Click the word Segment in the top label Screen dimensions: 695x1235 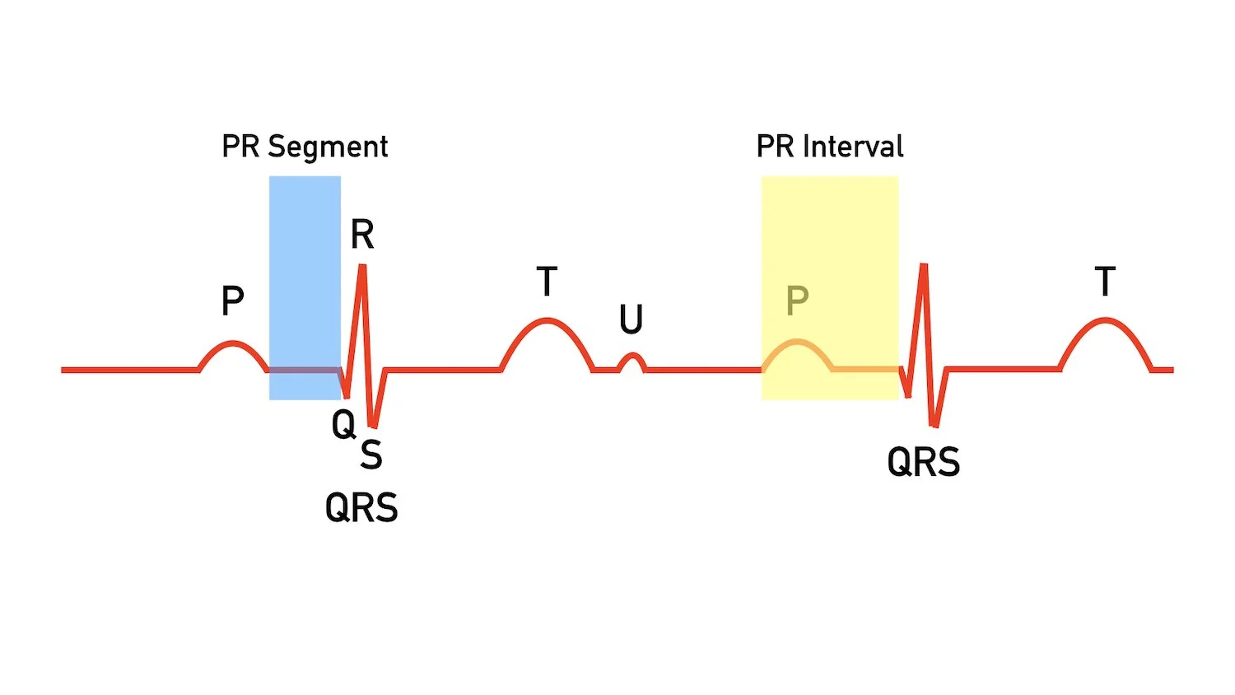tap(328, 147)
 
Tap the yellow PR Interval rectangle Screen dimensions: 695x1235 tap(829, 247)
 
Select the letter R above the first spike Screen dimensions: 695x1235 tap(362, 235)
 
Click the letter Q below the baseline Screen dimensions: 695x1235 tap(343, 425)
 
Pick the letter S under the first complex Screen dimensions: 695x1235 tap(371, 455)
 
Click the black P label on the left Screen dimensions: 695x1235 tap(233, 301)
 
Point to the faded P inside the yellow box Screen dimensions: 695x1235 tap(797, 301)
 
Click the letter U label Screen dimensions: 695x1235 tap(631, 320)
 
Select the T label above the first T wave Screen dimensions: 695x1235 tap(547, 282)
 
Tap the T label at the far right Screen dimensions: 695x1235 tap(1105, 282)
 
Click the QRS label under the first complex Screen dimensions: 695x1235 tap(361, 507)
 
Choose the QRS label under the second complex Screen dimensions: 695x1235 tap(923, 462)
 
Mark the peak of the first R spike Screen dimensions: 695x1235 tap(362, 266)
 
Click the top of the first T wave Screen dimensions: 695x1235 tap(547, 320)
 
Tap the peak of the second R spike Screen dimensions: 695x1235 tap(924, 265)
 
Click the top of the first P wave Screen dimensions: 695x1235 tap(234, 343)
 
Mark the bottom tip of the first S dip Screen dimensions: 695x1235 tap(374, 427)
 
